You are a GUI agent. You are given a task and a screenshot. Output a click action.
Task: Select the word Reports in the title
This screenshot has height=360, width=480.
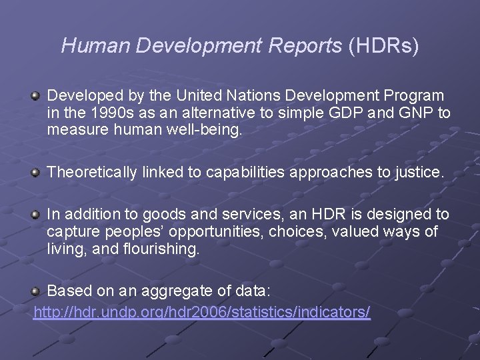(x=308, y=45)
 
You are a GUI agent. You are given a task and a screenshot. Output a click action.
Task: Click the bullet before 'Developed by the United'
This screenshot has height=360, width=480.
(x=36, y=97)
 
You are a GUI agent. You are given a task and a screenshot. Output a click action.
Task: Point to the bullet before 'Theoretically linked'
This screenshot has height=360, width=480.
(x=36, y=173)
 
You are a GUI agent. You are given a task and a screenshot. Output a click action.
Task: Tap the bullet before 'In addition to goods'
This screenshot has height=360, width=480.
(x=36, y=215)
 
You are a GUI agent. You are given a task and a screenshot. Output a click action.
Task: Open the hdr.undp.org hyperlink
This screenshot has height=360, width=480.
(x=202, y=312)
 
